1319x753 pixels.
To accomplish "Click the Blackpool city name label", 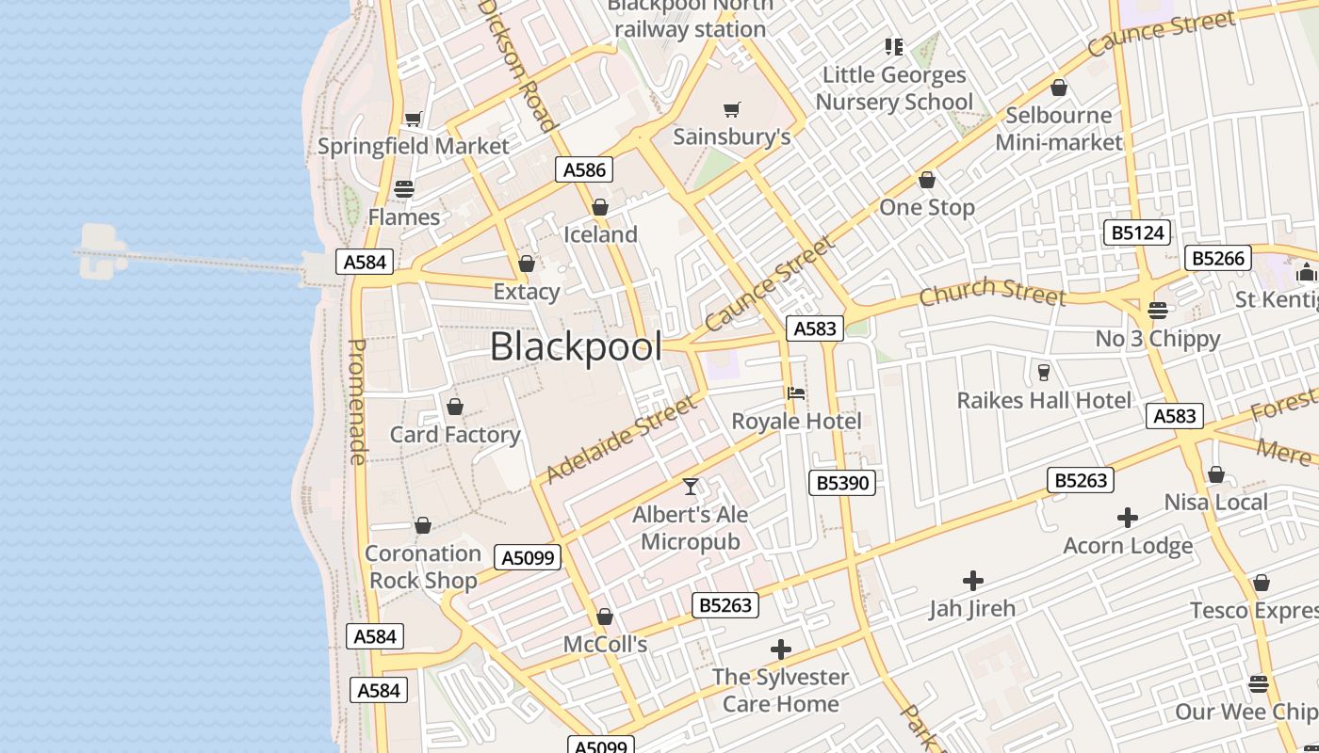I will click(x=576, y=346).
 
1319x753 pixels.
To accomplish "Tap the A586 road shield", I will click(x=584, y=169).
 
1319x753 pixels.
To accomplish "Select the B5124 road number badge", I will click(x=1137, y=232).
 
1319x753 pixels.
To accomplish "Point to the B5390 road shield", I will click(x=842, y=483).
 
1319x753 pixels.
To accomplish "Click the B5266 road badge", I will click(x=1218, y=258).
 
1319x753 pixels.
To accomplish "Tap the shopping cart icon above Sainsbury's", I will click(x=732, y=110).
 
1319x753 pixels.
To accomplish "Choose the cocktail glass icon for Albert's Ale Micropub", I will click(x=691, y=487).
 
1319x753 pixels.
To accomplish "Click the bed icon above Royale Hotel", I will click(x=796, y=393).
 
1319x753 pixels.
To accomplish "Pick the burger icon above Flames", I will click(x=404, y=189).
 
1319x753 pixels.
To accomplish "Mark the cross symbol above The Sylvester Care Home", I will click(x=780, y=649).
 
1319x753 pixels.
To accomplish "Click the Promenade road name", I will click(x=357, y=402).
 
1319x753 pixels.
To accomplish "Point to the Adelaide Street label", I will click(x=621, y=440).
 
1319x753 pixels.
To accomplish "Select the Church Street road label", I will click(x=992, y=292).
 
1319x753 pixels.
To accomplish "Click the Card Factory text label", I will click(x=455, y=435).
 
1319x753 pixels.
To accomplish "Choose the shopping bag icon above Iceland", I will click(x=600, y=207).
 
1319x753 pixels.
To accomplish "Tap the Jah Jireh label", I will click(x=972, y=609).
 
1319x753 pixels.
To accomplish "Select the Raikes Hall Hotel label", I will click(x=1044, y=400).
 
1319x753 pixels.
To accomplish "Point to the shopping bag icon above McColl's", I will click(x=605, y=617).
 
